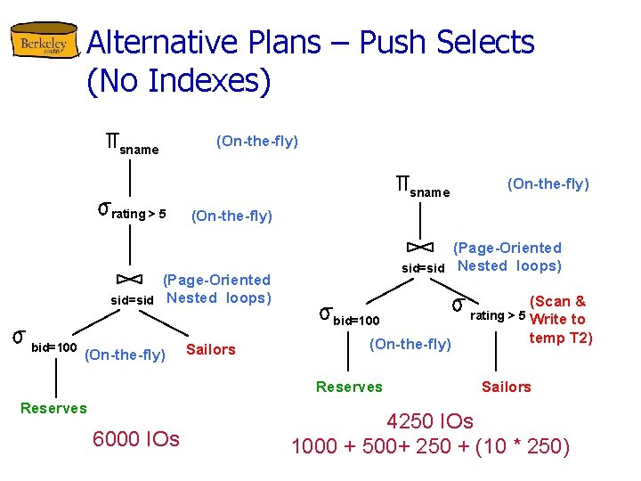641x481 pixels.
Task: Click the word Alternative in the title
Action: coord(162,43)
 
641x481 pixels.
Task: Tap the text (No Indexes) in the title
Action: coord(179,81)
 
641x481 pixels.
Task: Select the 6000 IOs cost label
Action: coord(135,439)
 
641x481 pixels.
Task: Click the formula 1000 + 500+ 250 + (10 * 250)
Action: coord(430,446)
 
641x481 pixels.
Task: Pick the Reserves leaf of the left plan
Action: coord(53,408)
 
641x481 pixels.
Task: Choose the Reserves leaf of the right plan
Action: coord(349,387)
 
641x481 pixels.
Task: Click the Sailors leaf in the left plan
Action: coord(211,349)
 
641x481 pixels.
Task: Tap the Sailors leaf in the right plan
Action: coord(506,387)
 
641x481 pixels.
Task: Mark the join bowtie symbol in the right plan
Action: coord(420,247)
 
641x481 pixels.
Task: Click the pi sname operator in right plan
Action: coord(423,187)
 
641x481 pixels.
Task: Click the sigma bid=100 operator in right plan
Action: coord(349,315)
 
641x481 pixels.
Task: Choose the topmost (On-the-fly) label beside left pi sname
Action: coord(257,141)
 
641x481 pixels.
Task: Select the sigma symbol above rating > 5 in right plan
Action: coord(457,306)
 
